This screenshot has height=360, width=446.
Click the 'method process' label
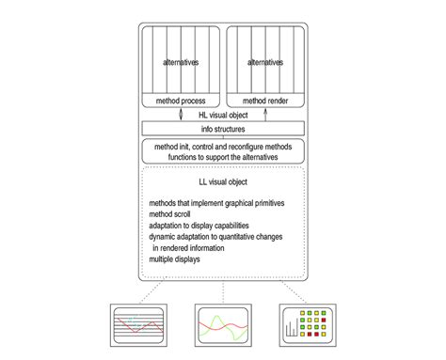pyautogui.click(x=181, y=100)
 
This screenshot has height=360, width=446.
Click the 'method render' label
pyautogui.click(x=266, y=100)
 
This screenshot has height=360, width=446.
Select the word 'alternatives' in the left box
pyautogui.click(x=180, y=63)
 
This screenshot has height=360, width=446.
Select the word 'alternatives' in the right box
pyautogui.click(x=265, y=63)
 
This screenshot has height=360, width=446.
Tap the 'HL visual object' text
pyautogui.click(x=224, y=114)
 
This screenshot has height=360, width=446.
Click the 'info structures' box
pyautogui.click(x=223, y=129)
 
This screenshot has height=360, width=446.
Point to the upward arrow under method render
pyautogui.click(x=266, y=115)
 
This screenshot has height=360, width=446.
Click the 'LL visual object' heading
pyautogui.click(x=223, y=180)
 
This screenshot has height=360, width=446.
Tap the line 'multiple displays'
pyautogui.click(x=174, y=259)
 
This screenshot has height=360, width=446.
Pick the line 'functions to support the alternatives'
pyautogui.click(x=223, y=156)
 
